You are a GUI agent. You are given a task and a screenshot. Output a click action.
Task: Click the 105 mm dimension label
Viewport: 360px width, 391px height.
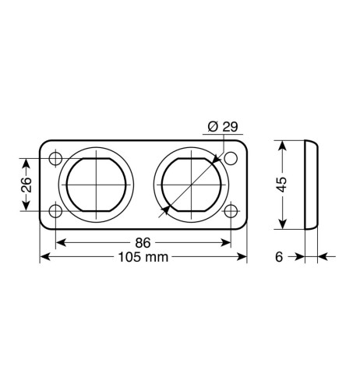coord(143,258)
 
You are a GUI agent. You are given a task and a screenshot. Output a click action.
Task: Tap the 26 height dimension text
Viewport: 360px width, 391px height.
coord(26,185)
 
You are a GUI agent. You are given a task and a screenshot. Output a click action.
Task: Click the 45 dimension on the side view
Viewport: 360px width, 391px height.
coord(282,185)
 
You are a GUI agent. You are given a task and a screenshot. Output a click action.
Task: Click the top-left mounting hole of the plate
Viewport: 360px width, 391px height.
coord(55,160)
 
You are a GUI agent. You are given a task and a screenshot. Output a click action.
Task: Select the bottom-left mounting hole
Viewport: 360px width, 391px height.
coord(55,211)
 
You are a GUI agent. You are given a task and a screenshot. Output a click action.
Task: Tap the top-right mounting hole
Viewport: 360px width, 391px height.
coord(231,160)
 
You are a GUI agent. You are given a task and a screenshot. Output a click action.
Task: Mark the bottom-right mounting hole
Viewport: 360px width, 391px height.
coord(231,211)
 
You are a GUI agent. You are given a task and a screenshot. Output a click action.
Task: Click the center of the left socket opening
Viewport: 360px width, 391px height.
coord(96,185)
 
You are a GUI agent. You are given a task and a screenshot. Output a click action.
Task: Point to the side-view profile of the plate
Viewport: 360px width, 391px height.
coord(310,185)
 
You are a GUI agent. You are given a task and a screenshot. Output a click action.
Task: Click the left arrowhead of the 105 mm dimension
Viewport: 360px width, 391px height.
coord(44,258)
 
